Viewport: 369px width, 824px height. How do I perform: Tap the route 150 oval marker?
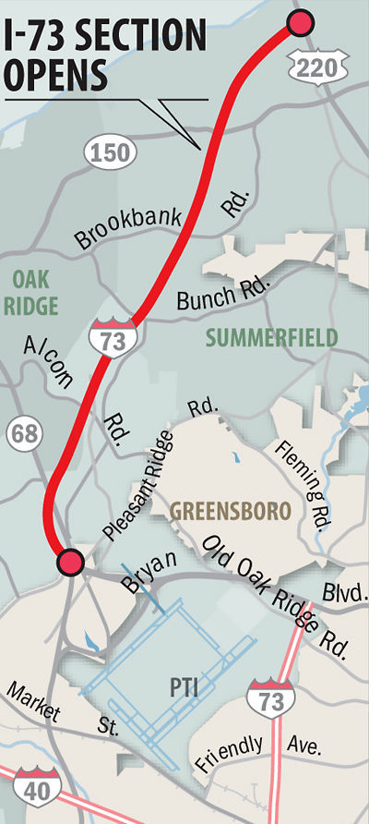[x=109, y=152]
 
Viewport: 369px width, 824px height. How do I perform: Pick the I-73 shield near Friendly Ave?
[x=265, y=695]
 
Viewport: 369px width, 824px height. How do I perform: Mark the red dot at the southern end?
[x=69, y=561]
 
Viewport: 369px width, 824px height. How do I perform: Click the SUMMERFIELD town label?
[x=270, y=339]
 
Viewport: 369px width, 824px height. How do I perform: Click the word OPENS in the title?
[x=58, y=75]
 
